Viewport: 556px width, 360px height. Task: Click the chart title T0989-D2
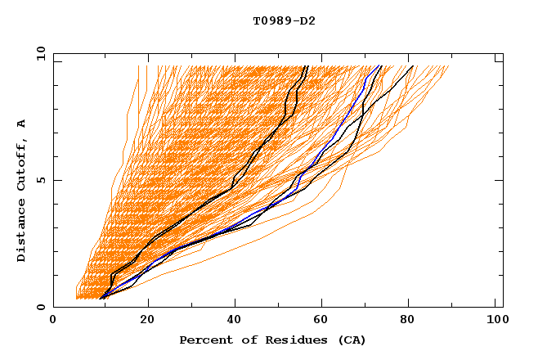(x=284, y=20)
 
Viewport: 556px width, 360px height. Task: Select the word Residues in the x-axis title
(x=284, y=340)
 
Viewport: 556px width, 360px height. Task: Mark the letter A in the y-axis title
(x=22, y=124)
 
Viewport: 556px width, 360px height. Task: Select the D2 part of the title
(x=307, y=20)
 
